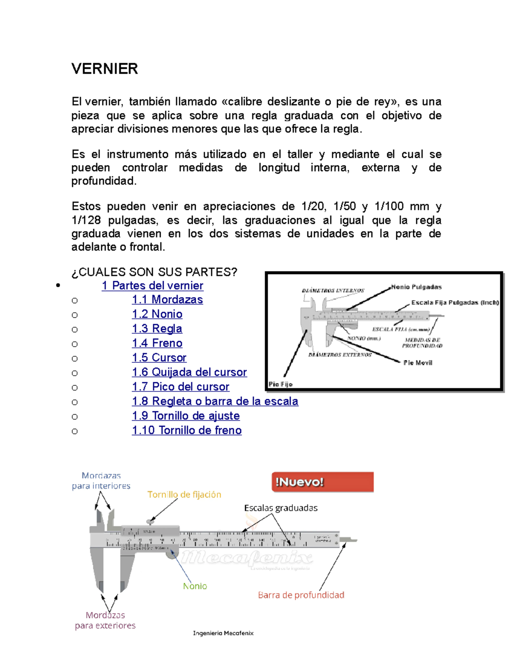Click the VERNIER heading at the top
(x=105, y=69)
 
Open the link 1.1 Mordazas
(x=167, y=299)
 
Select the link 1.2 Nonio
(x=157, y=314)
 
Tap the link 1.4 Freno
(x=157, y=343)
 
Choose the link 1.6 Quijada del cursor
(x=189, y=372)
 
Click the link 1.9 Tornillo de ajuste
(x=185, y=416)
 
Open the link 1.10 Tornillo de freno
(x=186, y=430)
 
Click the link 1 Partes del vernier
(x=152, y=286)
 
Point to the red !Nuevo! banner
(x=322, y=482)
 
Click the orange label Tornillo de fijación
(x=184, y=494)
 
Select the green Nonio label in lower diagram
(x=195, y=586)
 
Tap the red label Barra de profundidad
(x=301, y=595)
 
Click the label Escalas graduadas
(x=281, y=508)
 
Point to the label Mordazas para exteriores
(x=105, y=620)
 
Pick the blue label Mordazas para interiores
(x=101, y=481)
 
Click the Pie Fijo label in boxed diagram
(x=281, y=384)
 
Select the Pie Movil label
(x=418, y=363)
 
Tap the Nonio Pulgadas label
(x=416, y=287)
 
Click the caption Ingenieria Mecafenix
(x=223, y=633)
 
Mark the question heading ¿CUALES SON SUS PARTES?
(x=154, y=272)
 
